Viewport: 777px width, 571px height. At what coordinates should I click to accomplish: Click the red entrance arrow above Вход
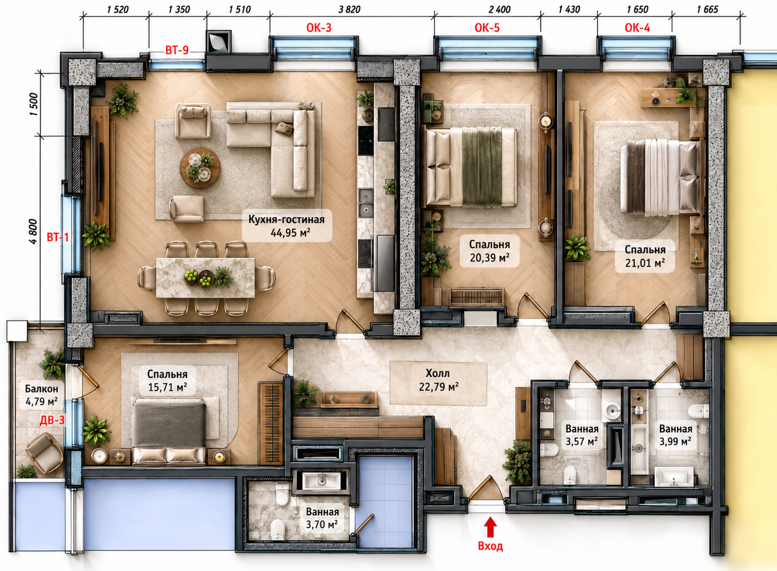[x=490, y=526]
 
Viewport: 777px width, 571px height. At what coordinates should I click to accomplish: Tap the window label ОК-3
[x=319, y=28]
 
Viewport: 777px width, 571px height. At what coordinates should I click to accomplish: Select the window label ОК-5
[x=487, y=28]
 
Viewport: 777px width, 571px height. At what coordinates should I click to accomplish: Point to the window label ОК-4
[x=637, y=28]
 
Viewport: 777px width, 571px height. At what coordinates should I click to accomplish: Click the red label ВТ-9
[x=177, y=50]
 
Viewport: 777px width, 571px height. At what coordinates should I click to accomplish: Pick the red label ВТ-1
[x=58, y=237]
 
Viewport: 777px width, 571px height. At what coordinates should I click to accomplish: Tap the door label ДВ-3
[x=53, y=421]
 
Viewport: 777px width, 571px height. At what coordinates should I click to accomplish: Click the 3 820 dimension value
[x=349, y=10]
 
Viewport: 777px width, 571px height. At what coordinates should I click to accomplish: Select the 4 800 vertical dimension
[x=33, y=232]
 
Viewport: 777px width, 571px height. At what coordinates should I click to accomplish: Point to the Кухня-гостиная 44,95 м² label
[x=286, y=226]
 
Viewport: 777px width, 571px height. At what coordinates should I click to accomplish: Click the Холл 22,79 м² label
[x=439, y=380]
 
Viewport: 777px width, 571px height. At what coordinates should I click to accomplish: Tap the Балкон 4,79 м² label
[x=41, y=395]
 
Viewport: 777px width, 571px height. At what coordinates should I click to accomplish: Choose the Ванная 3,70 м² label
[x=322, y=518]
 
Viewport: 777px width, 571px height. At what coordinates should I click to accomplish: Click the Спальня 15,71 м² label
[x=167, y=380]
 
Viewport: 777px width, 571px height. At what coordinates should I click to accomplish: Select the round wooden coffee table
[x=200, y=168]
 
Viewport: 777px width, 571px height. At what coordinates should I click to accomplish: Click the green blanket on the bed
[x=482, y=166]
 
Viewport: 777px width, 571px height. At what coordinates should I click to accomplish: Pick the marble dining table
[x=206, y=277]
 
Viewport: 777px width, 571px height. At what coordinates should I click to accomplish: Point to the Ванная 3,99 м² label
[x=676, y=435]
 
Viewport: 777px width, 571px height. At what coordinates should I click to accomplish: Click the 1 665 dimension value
[x=707, y=10]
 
